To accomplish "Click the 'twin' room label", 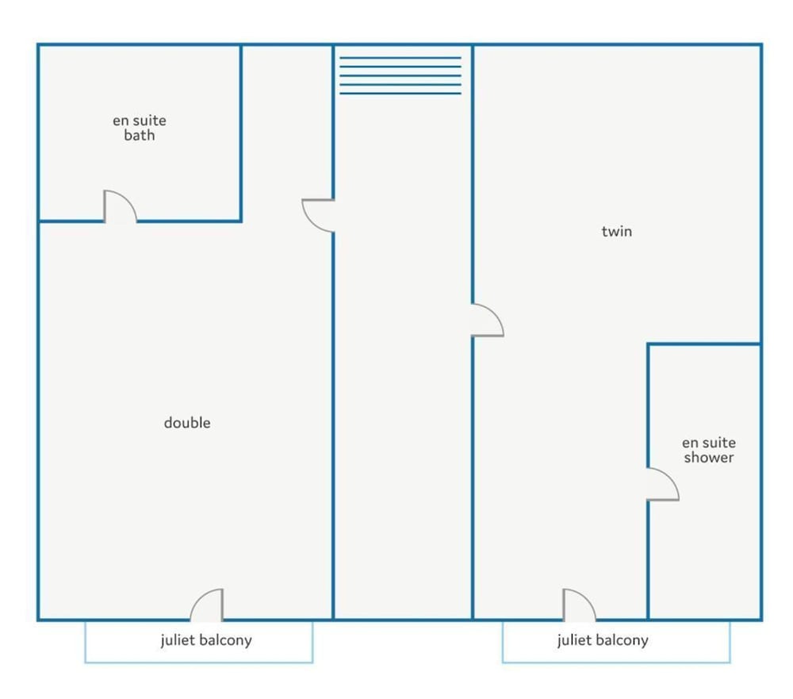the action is coord(616,232).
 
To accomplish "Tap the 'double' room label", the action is coord(187,422).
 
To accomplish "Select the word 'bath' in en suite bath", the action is coord(139,135).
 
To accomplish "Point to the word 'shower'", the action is coord(708,457).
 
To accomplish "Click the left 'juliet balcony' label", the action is coord(206,640).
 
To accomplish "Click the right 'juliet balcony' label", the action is coord(603,640).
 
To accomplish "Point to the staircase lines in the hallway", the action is coord(400,75).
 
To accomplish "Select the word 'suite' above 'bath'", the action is coord(150,121).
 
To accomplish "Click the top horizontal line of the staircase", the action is coord(400,58).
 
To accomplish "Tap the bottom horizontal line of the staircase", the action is coord(400,93).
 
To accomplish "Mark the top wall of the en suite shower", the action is coord(704,344).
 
